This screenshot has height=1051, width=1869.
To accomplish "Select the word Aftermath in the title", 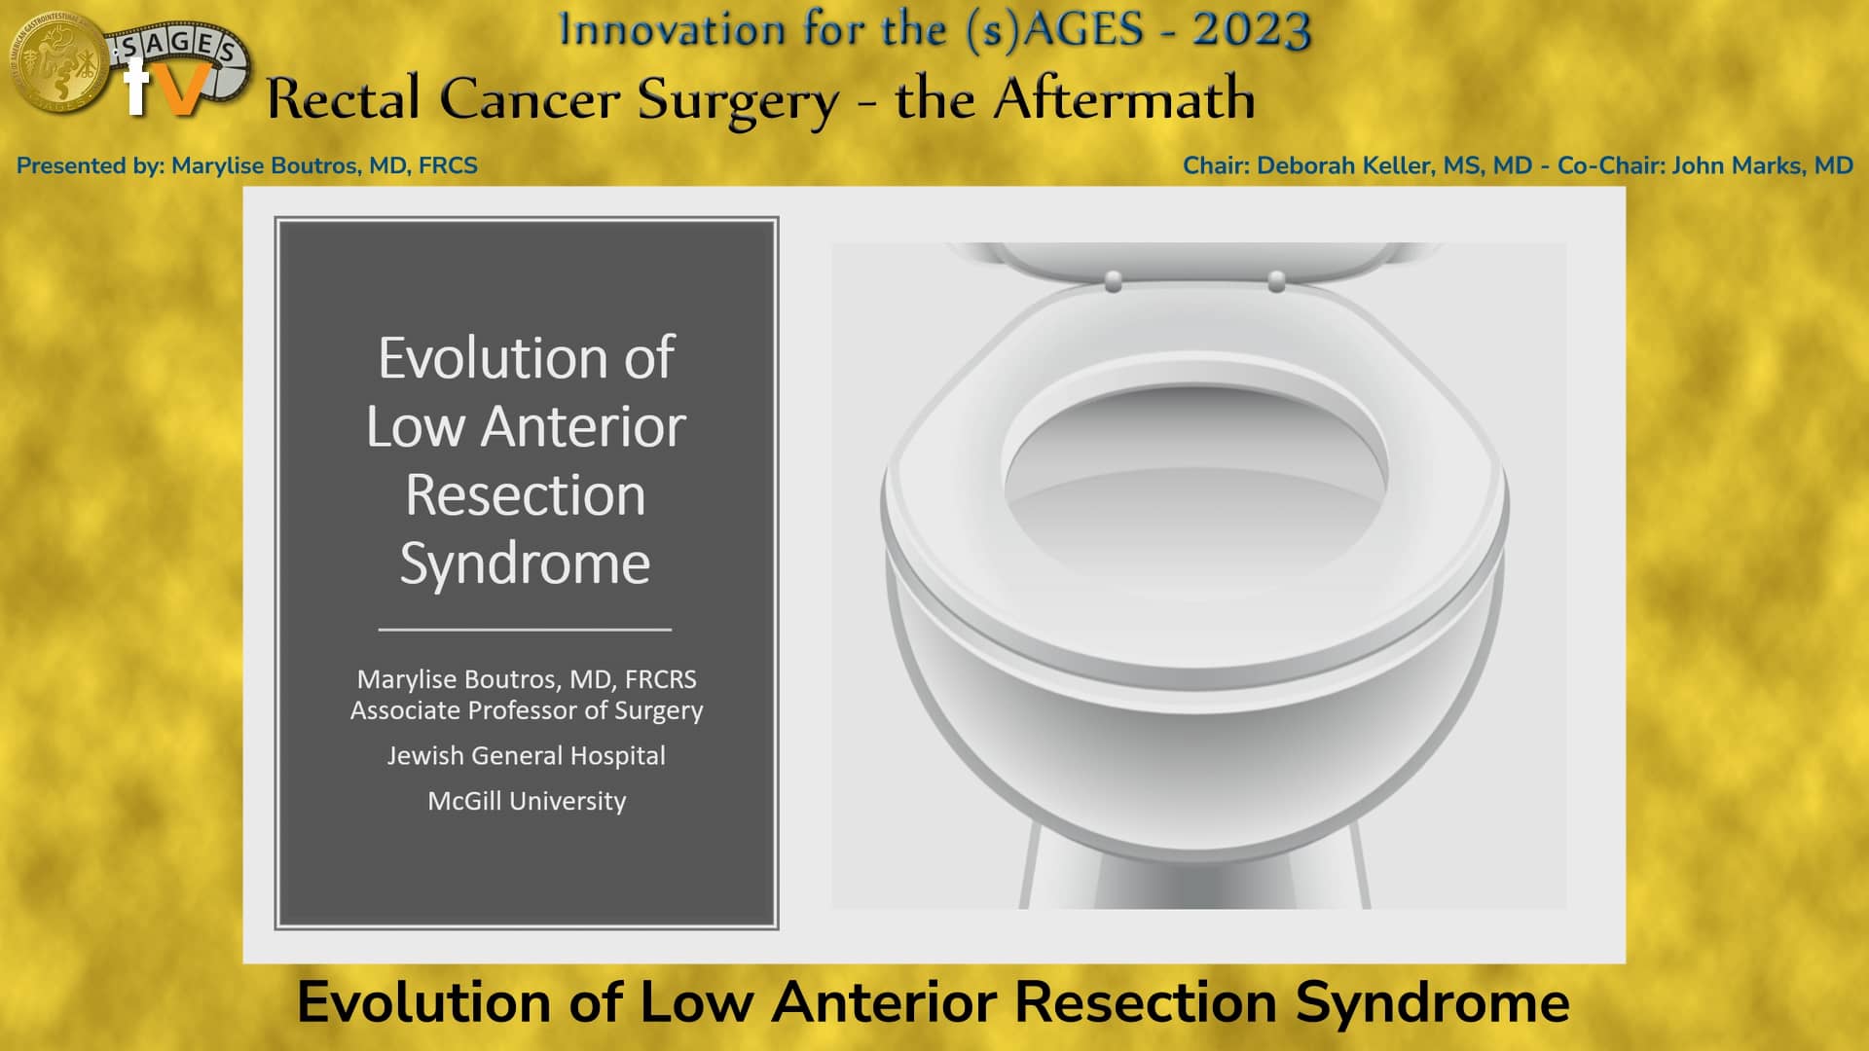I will [x=1123, y=99].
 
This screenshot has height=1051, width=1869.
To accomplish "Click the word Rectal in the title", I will [x=346, y=99].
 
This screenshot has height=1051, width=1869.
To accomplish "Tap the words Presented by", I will [x=90, y=165].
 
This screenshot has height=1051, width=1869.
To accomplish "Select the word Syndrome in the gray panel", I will [x=525, y=563].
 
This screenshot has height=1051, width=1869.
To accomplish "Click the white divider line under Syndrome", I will [x=525, y=630].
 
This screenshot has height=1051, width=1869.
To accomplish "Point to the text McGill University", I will [x=527, y=801].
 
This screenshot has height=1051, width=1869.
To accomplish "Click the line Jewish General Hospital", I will [x=527, y=756].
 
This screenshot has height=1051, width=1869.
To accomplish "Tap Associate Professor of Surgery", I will [x=527, y=711].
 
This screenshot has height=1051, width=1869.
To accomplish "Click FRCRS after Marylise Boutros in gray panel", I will [x=660, y=679].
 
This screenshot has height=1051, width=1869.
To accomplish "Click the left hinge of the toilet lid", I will [x=1114, y=282].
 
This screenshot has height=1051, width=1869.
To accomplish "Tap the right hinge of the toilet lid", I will [x=1276, y=282].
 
